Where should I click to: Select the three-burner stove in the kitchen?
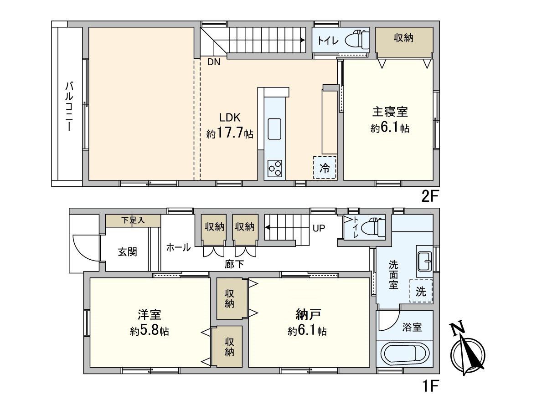(275, 169)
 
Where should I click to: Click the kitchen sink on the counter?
(275, 128)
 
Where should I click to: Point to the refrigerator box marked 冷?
(325, 167)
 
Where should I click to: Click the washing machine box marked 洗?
(421, 292)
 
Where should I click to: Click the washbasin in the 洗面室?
(424, 261)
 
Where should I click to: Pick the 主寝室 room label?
(390, 111)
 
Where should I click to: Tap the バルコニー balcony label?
(69, 107)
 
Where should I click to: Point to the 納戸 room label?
(307, 314)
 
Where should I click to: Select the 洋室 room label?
(149, 314)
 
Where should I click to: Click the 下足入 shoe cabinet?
(133, 220)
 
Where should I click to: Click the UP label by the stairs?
(319, 228)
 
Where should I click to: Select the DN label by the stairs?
(213, 63)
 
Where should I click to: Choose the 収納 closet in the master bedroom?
(403, 39)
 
